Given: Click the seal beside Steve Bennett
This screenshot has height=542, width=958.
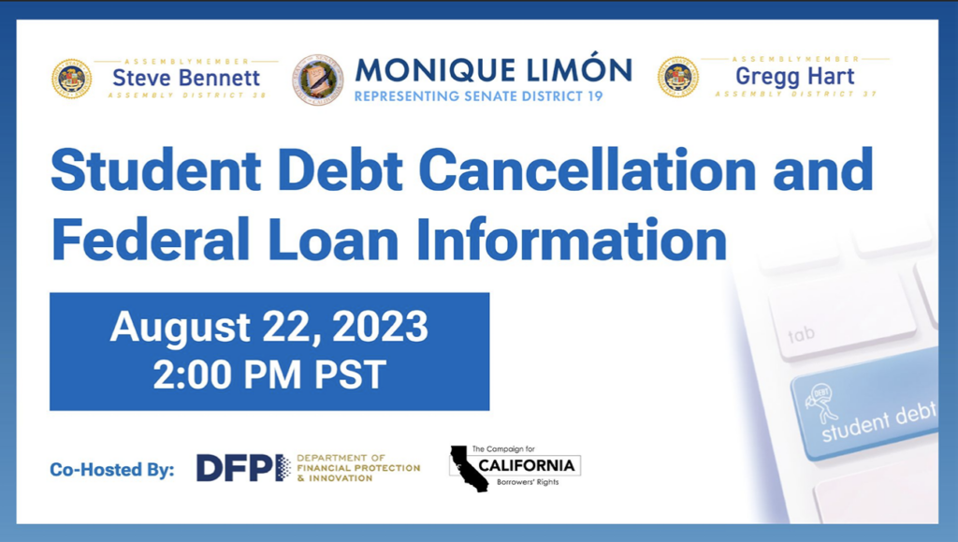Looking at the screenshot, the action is pyautogui.click(x=71, y=79).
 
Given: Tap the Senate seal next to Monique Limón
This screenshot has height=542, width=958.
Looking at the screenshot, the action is pyautogui.click(x=318, y=80).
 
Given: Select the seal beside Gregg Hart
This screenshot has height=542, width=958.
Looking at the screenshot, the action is pyautogui.click(x=677, y=77).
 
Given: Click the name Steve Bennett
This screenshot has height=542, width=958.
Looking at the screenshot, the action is pyautogui.click(x=186, y=78).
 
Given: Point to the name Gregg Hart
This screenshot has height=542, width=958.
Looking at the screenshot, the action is pyautogui.click(x=795, y=77).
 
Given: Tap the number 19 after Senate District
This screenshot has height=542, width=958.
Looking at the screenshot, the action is pyautogui.click(x=595, y=95).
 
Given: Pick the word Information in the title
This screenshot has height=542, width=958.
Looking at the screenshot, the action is pyautogui.click(x=572, y=239).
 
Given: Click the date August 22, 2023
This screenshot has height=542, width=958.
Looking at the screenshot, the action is pyautogui.click(x=269, y=327).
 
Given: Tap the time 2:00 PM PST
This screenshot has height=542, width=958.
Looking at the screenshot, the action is pyautogui.click(x=269, y=374).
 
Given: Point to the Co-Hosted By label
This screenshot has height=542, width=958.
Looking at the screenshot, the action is pyautogui.click(x=112, y=469).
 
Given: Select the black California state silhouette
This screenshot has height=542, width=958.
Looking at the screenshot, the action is pyautogui.click(x=469, y=468).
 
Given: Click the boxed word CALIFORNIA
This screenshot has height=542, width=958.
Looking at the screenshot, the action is pyautogui.click(x=526, y=465).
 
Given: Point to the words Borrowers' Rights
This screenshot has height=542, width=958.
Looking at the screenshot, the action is pyautogui.click(x=528, y=482).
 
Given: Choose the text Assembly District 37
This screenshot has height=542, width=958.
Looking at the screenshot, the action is pyautogui.click(x=795, y=95).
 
